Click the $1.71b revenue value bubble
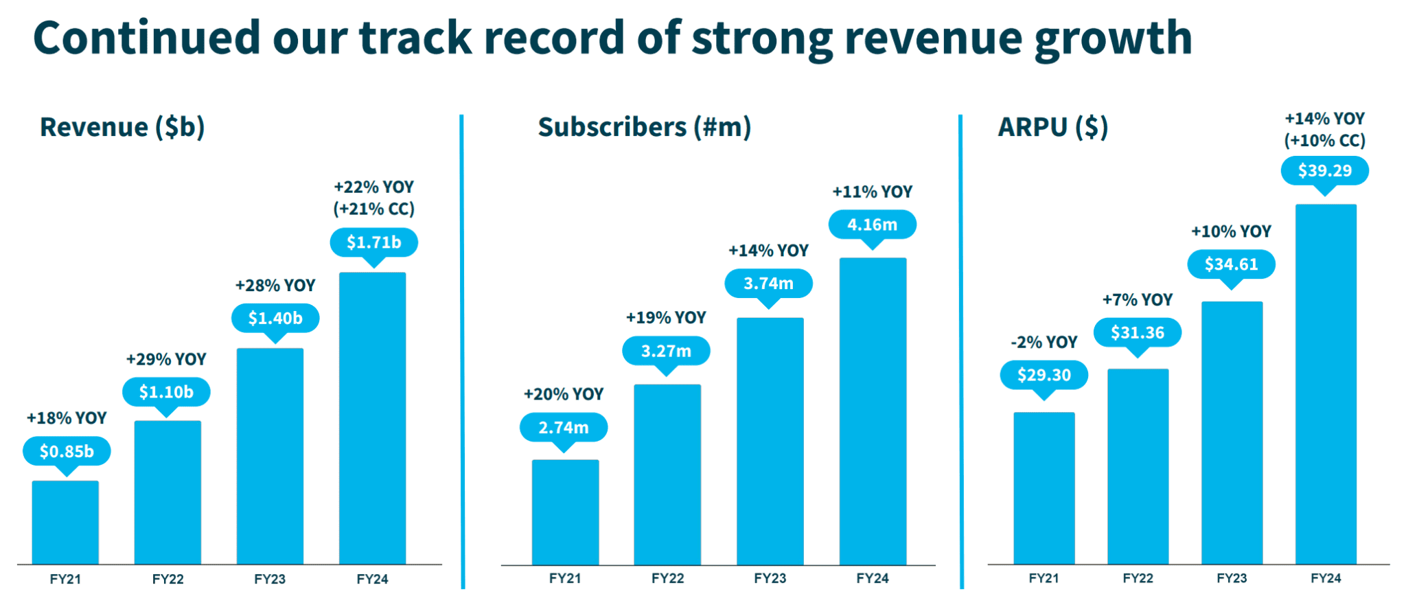(x=373, y=242)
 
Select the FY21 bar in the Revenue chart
(x=65, y=523)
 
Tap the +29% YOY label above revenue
(x=166, y=359)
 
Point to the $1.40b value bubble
(x=275, y=318)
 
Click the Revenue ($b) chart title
(x=122, y=128)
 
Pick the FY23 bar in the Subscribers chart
(x=770, y=441)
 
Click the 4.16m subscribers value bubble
(x=872, y=225)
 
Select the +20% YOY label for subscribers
(x=564, y=394)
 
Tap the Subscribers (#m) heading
(x=644, y=128)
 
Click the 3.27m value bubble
(x=666, y=351)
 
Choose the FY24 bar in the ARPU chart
(x=1325, y=385)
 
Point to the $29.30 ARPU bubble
(x=1044, y=375)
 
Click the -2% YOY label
(x=1044, y=342)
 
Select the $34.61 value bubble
(x=1231, y=264)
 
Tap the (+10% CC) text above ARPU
(x=1324, y=141)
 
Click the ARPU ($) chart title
(x=1052, y=128)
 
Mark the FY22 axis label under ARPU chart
(x=1138, y=578)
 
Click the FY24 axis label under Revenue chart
(x=372, y=579)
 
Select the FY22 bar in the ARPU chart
(x=1138, y=467)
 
